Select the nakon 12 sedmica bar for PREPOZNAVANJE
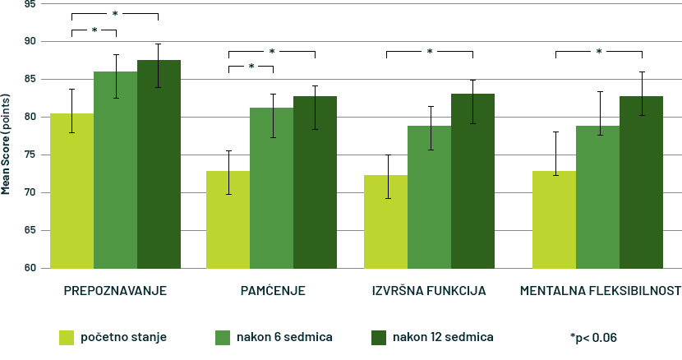[159, 164]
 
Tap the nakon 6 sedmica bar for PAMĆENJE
[271, 188]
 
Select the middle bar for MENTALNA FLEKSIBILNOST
[597, 197]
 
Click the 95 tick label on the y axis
[30, 4]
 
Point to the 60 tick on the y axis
[30, 268]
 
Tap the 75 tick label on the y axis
[30, 155]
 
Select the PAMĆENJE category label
[273, 292]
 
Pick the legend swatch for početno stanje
[66, 337]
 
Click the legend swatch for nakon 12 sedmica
[379, 337]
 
